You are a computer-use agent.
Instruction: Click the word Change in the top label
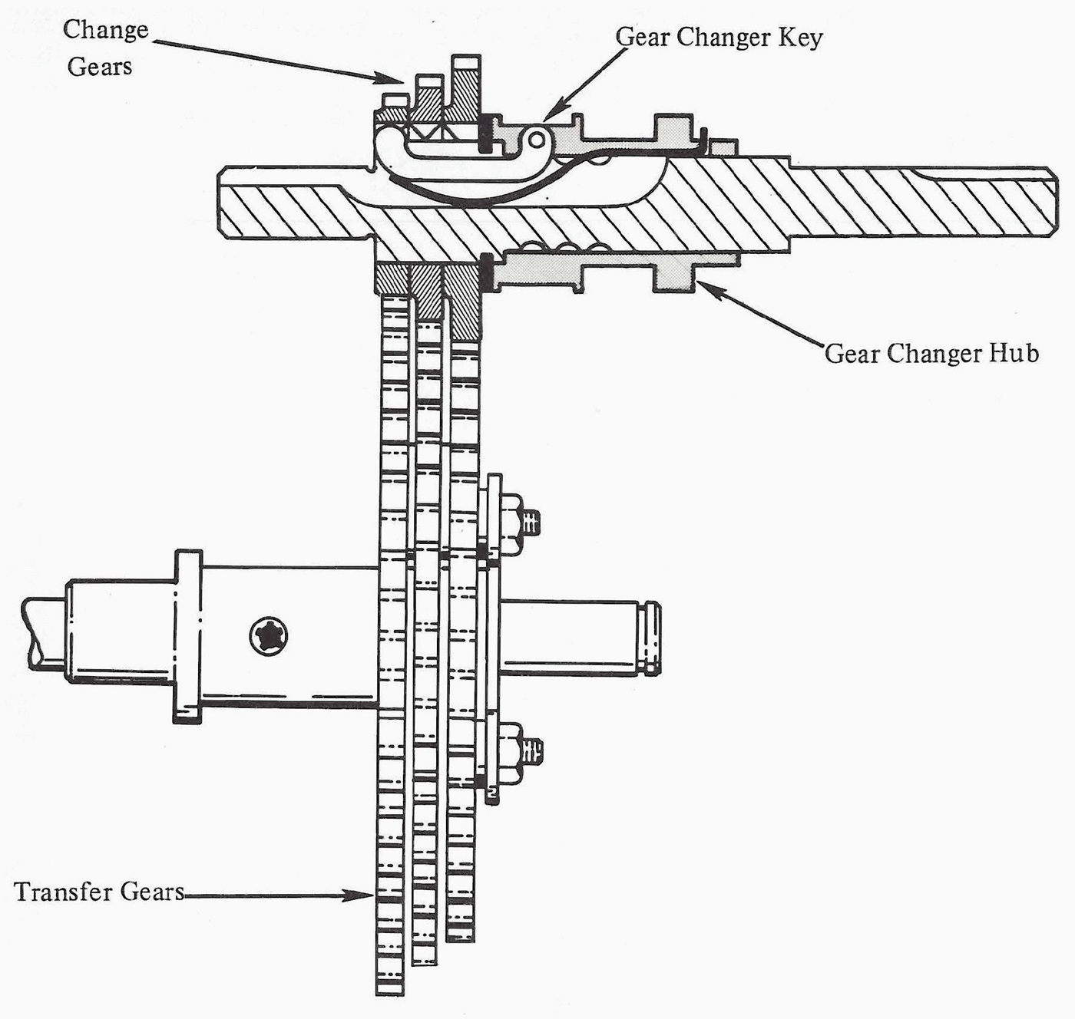(x=105, y=31)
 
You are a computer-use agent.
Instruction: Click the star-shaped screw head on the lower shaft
(x=269, y=636)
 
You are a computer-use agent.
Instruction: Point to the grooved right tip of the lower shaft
(x=653, y=638)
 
